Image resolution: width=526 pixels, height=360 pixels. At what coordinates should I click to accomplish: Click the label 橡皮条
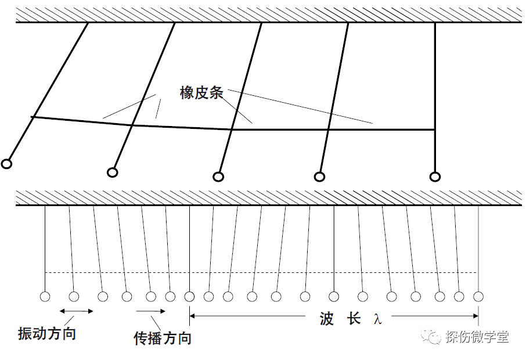tap(201, 93)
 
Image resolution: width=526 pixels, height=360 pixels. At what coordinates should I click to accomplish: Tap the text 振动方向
tap(47, 333)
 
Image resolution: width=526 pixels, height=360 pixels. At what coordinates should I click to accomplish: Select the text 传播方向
tap(163, 338)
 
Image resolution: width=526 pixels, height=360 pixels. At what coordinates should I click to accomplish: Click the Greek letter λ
tap(378, 319)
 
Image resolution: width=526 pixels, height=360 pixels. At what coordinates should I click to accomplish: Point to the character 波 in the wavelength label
tap(326, 319)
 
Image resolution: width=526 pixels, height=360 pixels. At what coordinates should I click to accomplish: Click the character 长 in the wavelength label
tap(354, 318)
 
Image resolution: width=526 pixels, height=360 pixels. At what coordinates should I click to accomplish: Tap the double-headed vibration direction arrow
tap(76, 311)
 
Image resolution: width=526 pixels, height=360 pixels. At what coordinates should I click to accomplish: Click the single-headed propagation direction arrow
tap(150, 311)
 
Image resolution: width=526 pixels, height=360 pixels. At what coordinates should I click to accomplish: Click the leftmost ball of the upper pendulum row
tap(6, 164)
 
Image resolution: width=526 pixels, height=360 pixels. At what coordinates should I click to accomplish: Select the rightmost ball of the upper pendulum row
tap(435, 177)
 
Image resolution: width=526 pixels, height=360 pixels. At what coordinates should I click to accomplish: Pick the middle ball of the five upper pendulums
tap(218, 177)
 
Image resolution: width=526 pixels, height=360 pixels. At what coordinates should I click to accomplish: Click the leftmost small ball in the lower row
tap(45, 297)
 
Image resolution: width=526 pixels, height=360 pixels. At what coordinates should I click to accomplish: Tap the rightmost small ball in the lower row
tap(478, 297)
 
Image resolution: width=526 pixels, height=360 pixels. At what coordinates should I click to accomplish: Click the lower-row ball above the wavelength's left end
tap(189, 297)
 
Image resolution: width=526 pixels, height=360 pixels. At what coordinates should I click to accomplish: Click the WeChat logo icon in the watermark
tap(432, 336)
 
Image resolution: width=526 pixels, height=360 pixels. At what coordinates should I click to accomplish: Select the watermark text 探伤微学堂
tap(477, 337)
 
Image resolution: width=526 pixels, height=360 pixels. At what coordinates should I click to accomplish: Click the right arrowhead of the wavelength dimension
tap(475, 316)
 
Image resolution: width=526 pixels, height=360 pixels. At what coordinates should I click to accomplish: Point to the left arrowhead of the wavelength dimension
tap(193, 316)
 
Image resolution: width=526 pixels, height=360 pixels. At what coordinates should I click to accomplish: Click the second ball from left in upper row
tap(113, 172)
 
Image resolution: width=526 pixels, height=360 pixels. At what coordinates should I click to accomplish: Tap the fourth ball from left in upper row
tap(319, 176)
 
